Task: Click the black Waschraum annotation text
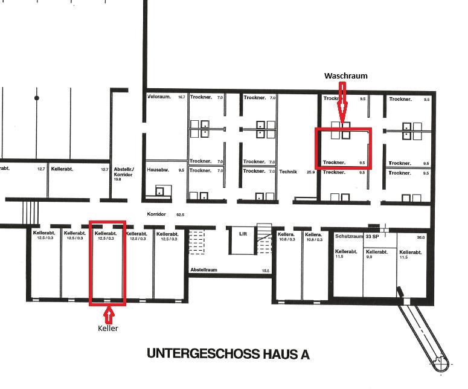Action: point(345,76)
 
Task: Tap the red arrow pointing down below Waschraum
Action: point(342,103)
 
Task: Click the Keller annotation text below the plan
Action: point(108,329)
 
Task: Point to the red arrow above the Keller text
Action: point(109,315)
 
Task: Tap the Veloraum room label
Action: point(159,97)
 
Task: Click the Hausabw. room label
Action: point(158,170)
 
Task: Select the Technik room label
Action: point(288,172)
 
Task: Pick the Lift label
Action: point(243,233)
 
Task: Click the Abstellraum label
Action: point(204,271)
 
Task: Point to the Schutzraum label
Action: point(348,236)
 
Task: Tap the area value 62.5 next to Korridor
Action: point(179,214)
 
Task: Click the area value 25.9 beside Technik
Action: point(311,172)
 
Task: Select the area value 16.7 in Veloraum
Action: point(181,97)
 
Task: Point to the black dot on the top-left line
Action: point(37,98)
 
